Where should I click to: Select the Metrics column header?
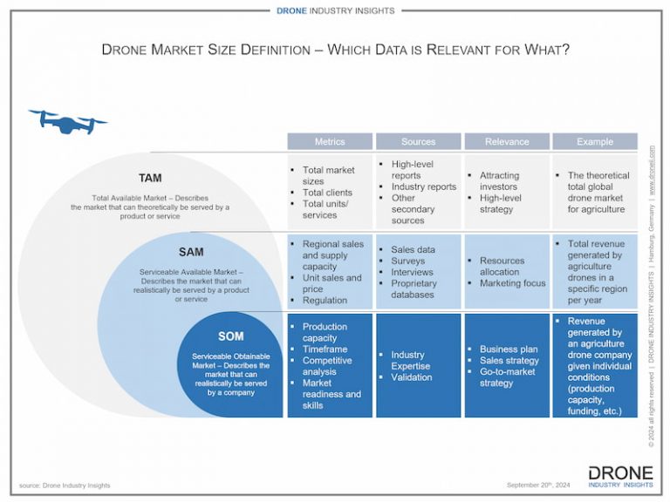(330, 141)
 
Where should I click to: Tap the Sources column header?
(418, 141)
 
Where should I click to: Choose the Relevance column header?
(507, 141)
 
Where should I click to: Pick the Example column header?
(595, 141)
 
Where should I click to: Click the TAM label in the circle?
(150, 179)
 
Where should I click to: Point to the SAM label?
(191, 252)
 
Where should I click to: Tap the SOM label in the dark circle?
(231, 336)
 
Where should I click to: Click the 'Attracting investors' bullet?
(498, 181)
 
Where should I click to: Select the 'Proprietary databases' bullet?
(413, 288)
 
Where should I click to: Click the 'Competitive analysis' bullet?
(327, 366)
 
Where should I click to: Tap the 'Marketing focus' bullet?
(512, 283)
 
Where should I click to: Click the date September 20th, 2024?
(539, 485)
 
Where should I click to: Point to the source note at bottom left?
(65, 485)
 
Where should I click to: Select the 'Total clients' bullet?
(327, 193)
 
